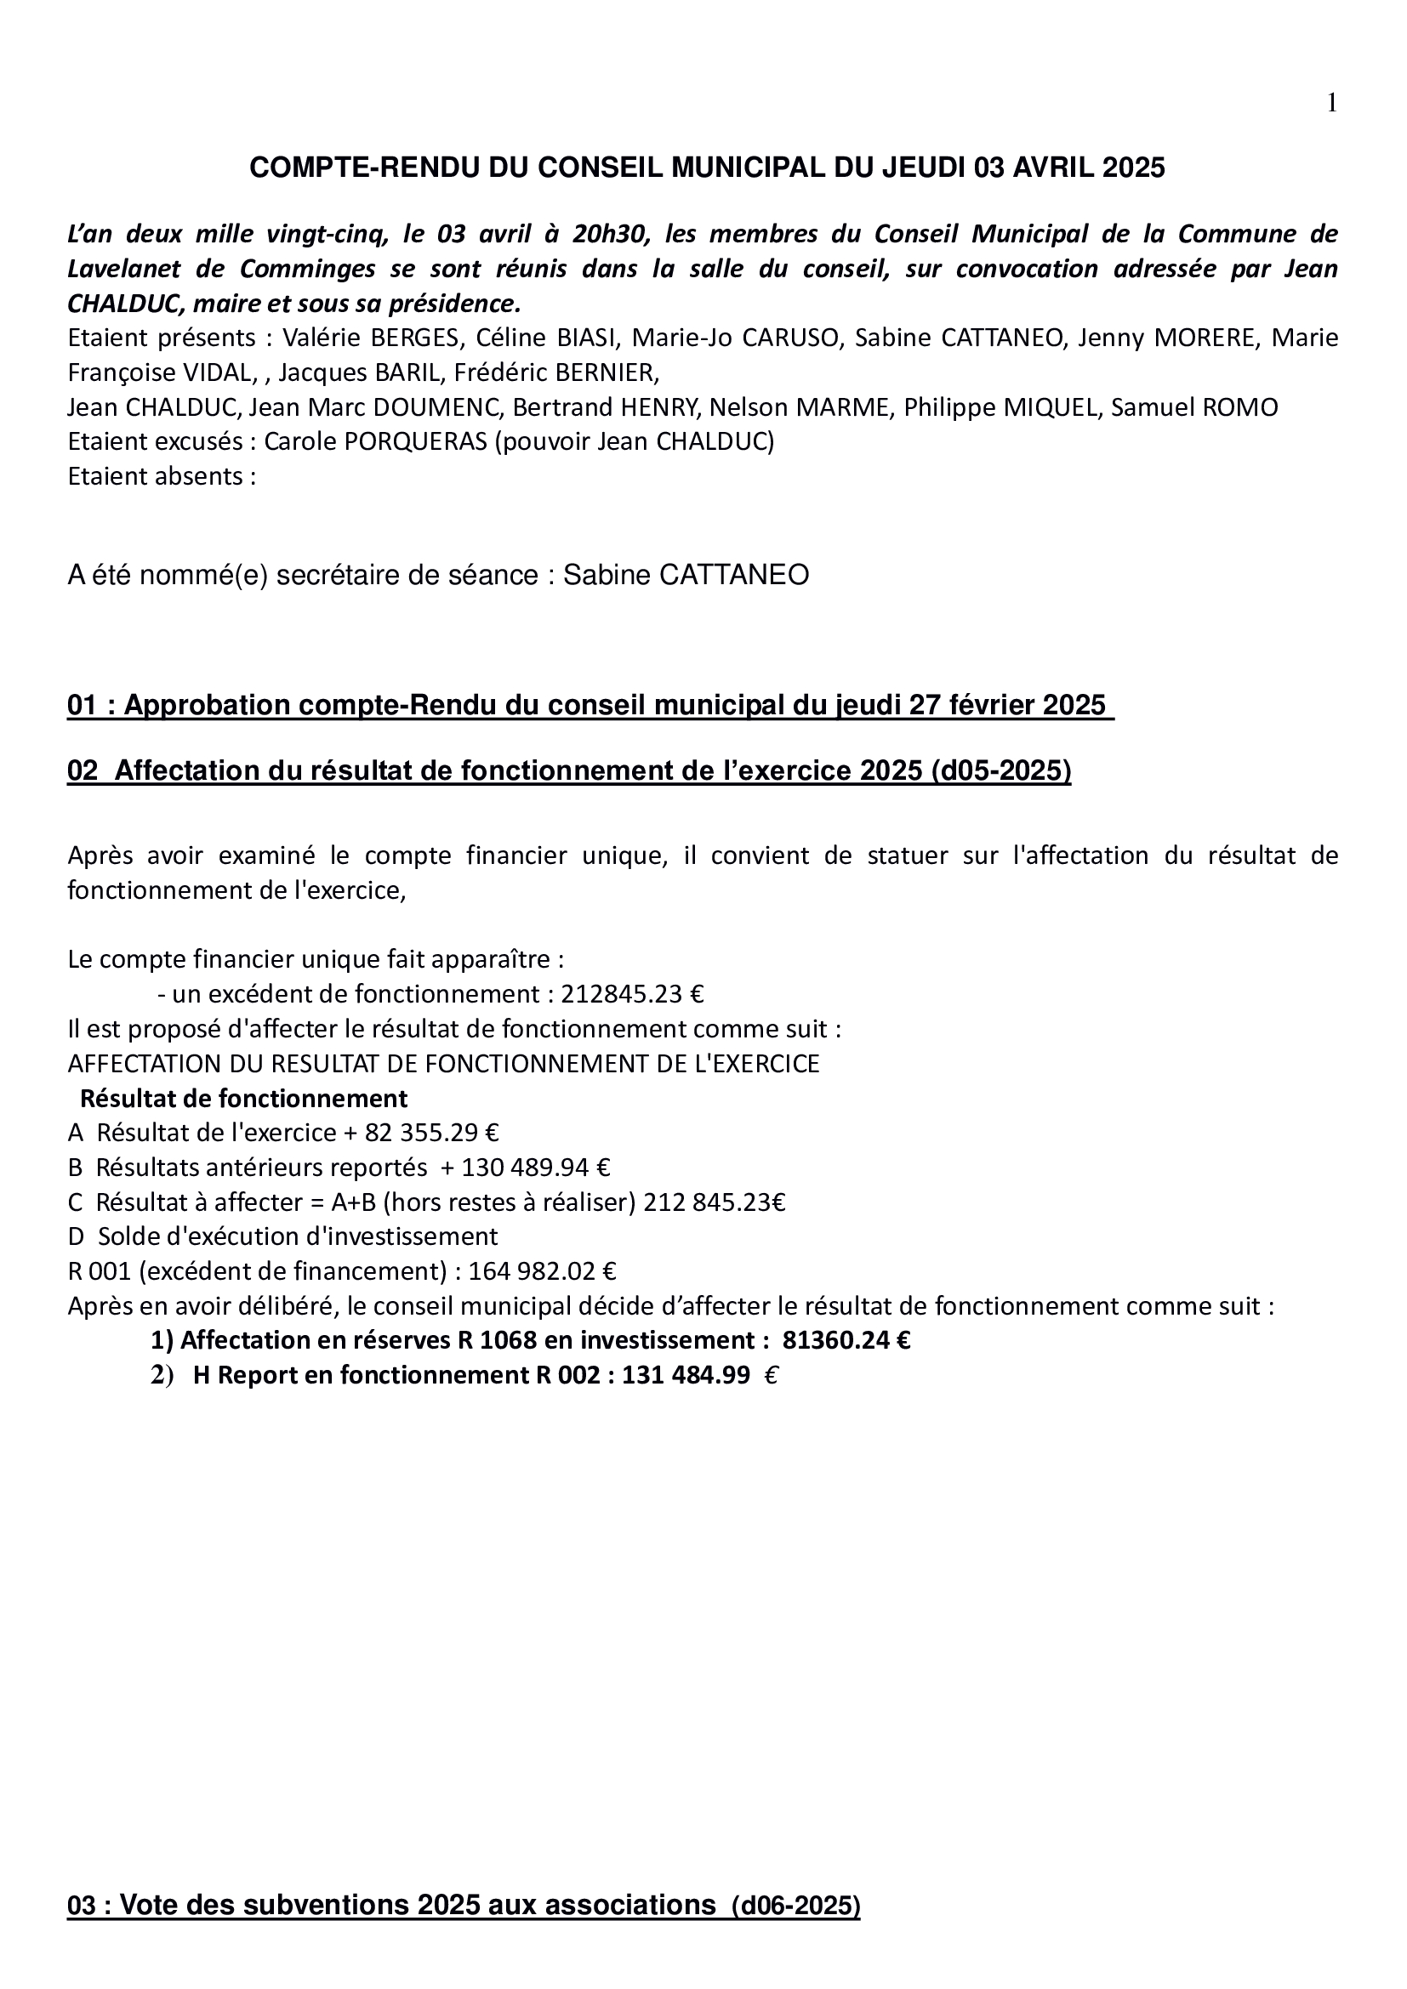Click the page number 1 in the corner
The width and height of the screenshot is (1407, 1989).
coord(1331,104)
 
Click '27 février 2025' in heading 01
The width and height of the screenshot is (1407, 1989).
coord(1006,705)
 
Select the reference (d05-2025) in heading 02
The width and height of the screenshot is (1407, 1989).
coord(1000,771)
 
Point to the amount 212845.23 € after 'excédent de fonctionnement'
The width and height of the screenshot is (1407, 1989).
coord(632,993)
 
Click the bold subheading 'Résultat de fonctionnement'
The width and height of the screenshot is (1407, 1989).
coord(243,1099)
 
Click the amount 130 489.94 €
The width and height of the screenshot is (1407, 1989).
coord(535,1168)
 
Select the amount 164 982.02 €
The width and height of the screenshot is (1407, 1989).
coord(542,1271)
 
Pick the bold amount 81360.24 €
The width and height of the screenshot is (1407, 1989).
coord(846,1341)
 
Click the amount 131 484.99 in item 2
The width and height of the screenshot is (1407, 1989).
coord(686,1376)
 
